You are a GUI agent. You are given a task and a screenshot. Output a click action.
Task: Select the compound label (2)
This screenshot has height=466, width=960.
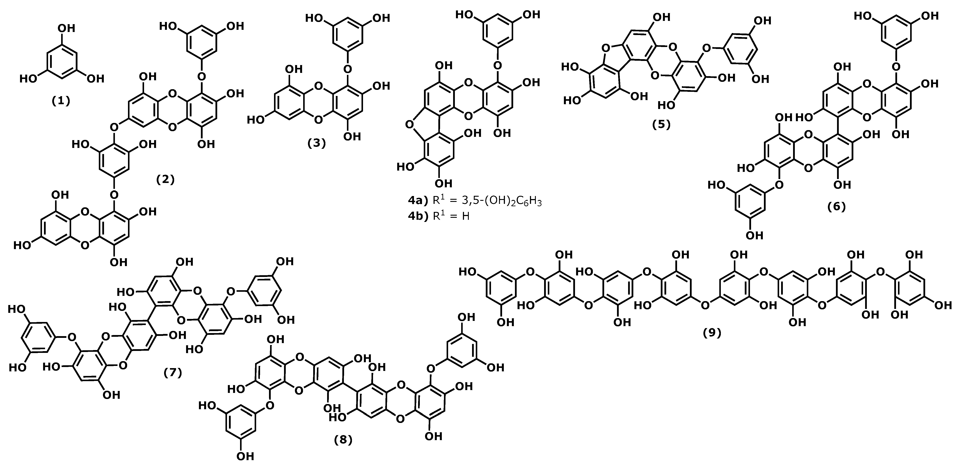(165, 179)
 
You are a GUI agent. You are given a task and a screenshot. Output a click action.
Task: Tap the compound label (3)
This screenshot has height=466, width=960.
(316, 143)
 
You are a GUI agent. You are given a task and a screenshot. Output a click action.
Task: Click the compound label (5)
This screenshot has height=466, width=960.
(661, 124)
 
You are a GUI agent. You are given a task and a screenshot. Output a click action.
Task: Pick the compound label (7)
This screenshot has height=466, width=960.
(173, 372)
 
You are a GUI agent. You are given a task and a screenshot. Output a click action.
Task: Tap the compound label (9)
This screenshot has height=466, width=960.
(712, 333)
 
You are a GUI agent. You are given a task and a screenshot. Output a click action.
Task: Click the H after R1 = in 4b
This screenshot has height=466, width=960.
(466, 216)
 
